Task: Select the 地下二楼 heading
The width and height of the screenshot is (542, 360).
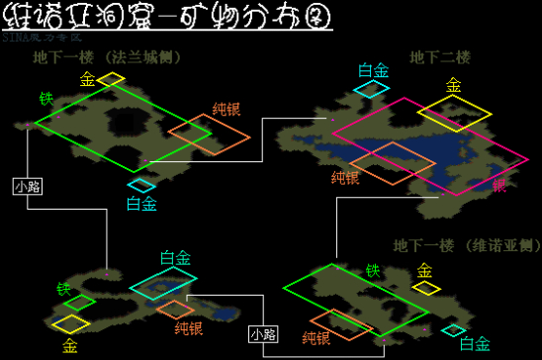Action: coord(435,57)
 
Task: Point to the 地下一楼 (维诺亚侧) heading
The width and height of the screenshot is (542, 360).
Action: coord(465,245)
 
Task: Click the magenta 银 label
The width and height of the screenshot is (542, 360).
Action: coord(498,185)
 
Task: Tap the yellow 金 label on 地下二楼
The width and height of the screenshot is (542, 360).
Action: coord(453,86)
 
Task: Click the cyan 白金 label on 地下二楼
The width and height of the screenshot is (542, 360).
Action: coord(373,70)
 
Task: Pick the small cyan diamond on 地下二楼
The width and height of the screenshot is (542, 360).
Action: coord(373,89)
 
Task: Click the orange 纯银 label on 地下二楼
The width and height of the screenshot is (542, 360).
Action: coord(345,177)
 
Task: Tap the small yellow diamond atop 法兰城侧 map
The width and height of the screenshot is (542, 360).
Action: coord(111,78)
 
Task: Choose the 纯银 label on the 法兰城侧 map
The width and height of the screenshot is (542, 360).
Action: coord(226,110)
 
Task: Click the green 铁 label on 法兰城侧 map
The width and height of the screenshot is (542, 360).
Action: coord(45,99)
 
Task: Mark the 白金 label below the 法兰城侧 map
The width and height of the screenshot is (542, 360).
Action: coord(141,204)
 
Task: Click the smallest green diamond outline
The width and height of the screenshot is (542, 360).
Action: coord(79,303)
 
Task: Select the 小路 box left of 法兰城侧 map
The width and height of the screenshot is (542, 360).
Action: coord(27,186)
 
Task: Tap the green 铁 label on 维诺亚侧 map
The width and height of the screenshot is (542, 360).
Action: coord(372,270)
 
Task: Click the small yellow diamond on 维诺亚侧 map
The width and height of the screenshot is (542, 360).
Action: coord(426,288)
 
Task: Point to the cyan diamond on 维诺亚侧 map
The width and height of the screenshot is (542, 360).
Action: coord(454,330)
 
